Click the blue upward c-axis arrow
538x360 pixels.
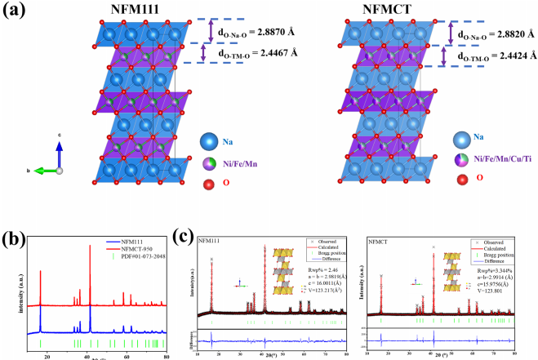click(59, 155)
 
